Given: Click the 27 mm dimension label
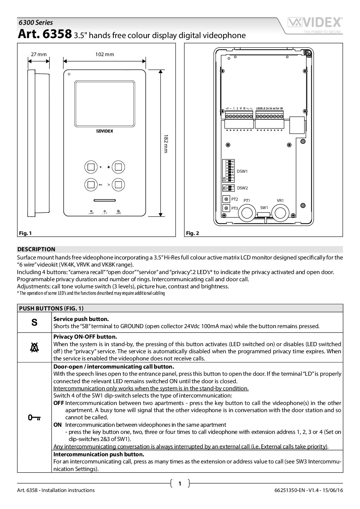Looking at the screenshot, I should (x=38, y=54).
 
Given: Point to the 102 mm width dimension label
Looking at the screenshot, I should (x=105, y=54).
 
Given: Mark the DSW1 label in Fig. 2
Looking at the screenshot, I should (x=242, y=171).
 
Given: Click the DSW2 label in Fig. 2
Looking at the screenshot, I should (x=242, y=188).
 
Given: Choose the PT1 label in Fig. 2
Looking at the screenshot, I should (x=247, y=201).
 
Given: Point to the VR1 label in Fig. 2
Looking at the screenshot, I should (x=280, y=201).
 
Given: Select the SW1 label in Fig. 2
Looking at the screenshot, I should (x=264, y=208).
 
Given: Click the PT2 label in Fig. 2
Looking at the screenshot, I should (x=234, y=199).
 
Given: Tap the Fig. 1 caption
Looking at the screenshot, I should (x=25, y=233).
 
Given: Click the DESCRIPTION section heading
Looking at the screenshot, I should (x=36, y=249).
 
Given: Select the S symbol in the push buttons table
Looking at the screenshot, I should (x=34, y=322).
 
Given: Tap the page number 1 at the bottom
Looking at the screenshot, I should (x=180, y=483).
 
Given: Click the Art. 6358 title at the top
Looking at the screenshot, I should (x=44, y=35).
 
